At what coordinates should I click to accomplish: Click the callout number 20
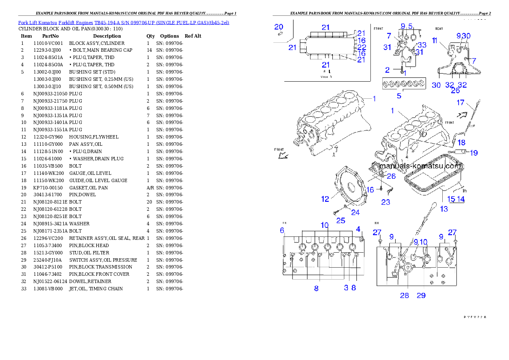click(x=278, y=27)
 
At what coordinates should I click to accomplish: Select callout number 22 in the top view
click(x=361, y=47)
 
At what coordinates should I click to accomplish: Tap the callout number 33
click(x=422, y=45)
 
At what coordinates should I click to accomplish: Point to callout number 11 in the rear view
click(x=435, y=41)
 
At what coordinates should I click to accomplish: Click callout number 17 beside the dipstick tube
click(x=460, y=103)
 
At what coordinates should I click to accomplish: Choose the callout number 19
click(x=474, y=153)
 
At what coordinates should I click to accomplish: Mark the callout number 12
click(x=326, y=199)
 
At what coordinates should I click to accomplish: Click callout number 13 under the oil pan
click(x=444, y=209)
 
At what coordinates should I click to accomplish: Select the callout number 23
click(x=385, y=202)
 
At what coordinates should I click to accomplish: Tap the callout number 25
click(x=340, y=221)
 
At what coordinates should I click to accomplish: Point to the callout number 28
click(x=404, y=295)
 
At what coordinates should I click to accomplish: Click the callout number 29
click(x=421, y=295)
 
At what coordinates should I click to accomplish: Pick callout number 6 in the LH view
click(x=282, y=230)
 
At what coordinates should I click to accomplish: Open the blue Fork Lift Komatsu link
click(x=124, y=22)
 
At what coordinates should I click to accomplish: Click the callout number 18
click(x=462, y=142)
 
